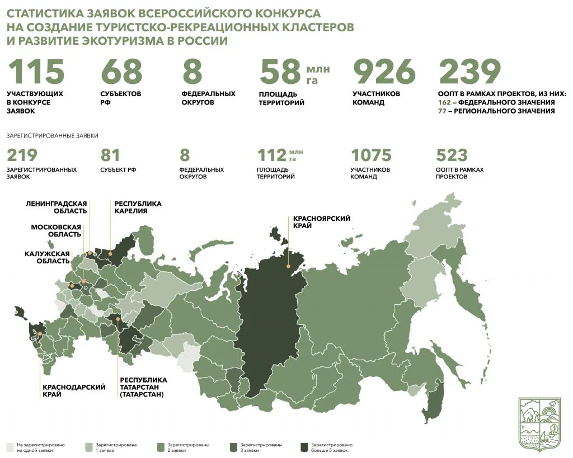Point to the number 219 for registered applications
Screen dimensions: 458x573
(x=22, y=155)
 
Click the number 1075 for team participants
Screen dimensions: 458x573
(x=370, y=155)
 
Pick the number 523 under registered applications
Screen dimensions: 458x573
(x=451, y=155)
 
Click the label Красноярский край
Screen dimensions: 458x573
(x=321, y=222)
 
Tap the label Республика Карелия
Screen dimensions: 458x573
(x=138, y=207)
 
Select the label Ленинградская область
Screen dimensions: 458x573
(x=56, y=207)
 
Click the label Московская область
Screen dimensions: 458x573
(x=56, y=230)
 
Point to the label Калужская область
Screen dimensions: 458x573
(x=47, y=257)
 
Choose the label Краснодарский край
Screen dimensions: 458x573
(x=66, y=390)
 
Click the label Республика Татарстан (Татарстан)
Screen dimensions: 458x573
(x=143, y=387)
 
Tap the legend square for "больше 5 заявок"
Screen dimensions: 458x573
(x=304, y=447)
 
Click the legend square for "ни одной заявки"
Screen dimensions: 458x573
(x=10, y=447)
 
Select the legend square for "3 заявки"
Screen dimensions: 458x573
(x=233, y=447)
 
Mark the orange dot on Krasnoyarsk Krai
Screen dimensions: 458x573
(x=289, y=251)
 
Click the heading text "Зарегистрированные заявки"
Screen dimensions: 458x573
(x=53, y=135)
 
